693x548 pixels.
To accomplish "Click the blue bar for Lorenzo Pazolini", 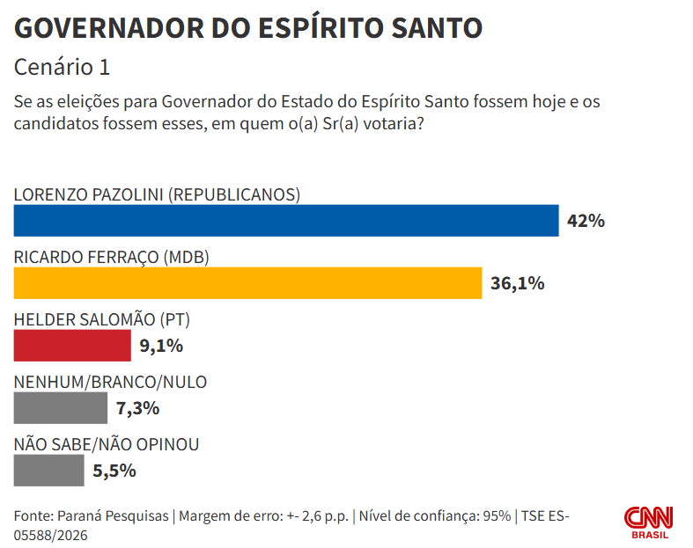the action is pos(286,221).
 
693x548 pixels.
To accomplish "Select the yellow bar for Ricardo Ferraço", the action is pos(247,283).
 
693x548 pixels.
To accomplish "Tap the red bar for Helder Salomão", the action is pos(72,346).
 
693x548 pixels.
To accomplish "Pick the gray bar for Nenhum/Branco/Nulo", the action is pos(60,408).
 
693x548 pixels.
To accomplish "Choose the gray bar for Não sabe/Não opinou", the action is pos(48,471).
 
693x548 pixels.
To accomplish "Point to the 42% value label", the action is pos(586,221).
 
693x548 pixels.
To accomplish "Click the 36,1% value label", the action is pos(517,283).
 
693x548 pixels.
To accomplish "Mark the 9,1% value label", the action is pos(161,346).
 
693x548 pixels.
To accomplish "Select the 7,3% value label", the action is pos(137,408).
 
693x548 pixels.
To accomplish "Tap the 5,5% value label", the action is pos(114,471).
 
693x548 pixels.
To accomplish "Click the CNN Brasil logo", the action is pos(648,522).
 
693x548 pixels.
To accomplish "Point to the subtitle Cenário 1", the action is pos(62,67).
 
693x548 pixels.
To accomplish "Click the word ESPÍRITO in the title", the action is pos(321,28).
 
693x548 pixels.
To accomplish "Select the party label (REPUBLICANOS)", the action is pos(235,194).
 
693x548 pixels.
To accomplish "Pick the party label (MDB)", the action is pos(186,257).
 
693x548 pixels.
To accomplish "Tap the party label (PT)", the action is pos(175,319).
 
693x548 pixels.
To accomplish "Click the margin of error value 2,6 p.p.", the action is pos(325,516).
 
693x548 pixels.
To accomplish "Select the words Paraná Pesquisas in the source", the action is pos(113,516).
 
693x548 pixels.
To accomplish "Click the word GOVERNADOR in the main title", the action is pos(108,28).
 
